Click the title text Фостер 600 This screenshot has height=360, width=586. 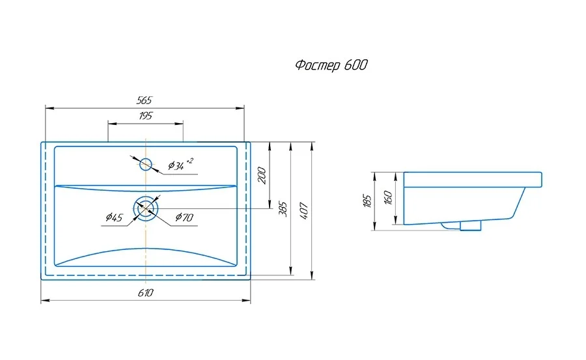[x=331, y=65]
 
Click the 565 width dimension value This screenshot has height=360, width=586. [x=145, y=100]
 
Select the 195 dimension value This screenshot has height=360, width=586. [x=146, y=116]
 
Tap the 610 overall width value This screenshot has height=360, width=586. [x=145, y=293]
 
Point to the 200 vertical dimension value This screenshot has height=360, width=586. [x=262, y=175]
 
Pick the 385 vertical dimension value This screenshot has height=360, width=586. [x=283, y=210]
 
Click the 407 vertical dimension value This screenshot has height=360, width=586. [x=304, y=211]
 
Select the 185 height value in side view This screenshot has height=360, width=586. [x=367, y=201]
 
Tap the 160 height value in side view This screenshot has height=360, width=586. [x=388, y=198]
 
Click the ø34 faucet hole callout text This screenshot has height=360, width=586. [x=180, y=164]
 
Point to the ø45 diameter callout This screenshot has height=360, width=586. [x=114, y=217]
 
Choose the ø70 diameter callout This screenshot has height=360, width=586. [x=184, y=217]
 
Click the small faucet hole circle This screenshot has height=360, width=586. [x=145, y=164]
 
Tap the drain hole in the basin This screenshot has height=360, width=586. [x=146, y=208]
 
